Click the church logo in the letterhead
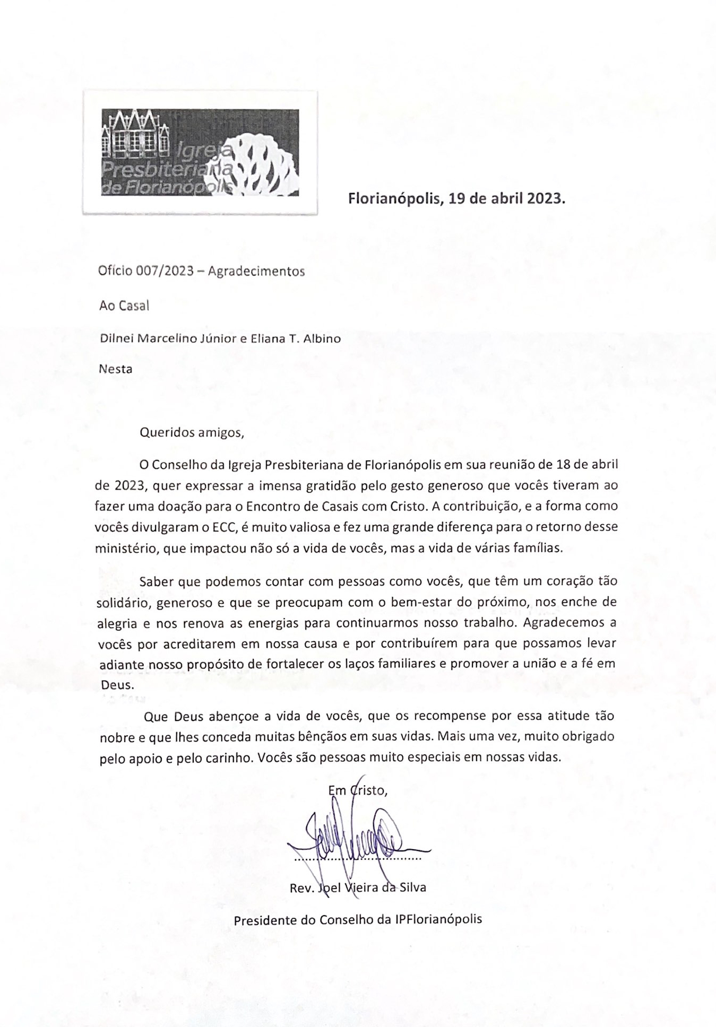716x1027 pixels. point(200,152)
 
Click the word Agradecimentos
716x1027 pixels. point(256,271)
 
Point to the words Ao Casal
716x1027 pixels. point(124,306)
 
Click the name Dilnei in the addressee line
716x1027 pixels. point(117,338)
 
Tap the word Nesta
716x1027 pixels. point(116,369)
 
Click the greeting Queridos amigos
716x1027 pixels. point(192,432)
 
